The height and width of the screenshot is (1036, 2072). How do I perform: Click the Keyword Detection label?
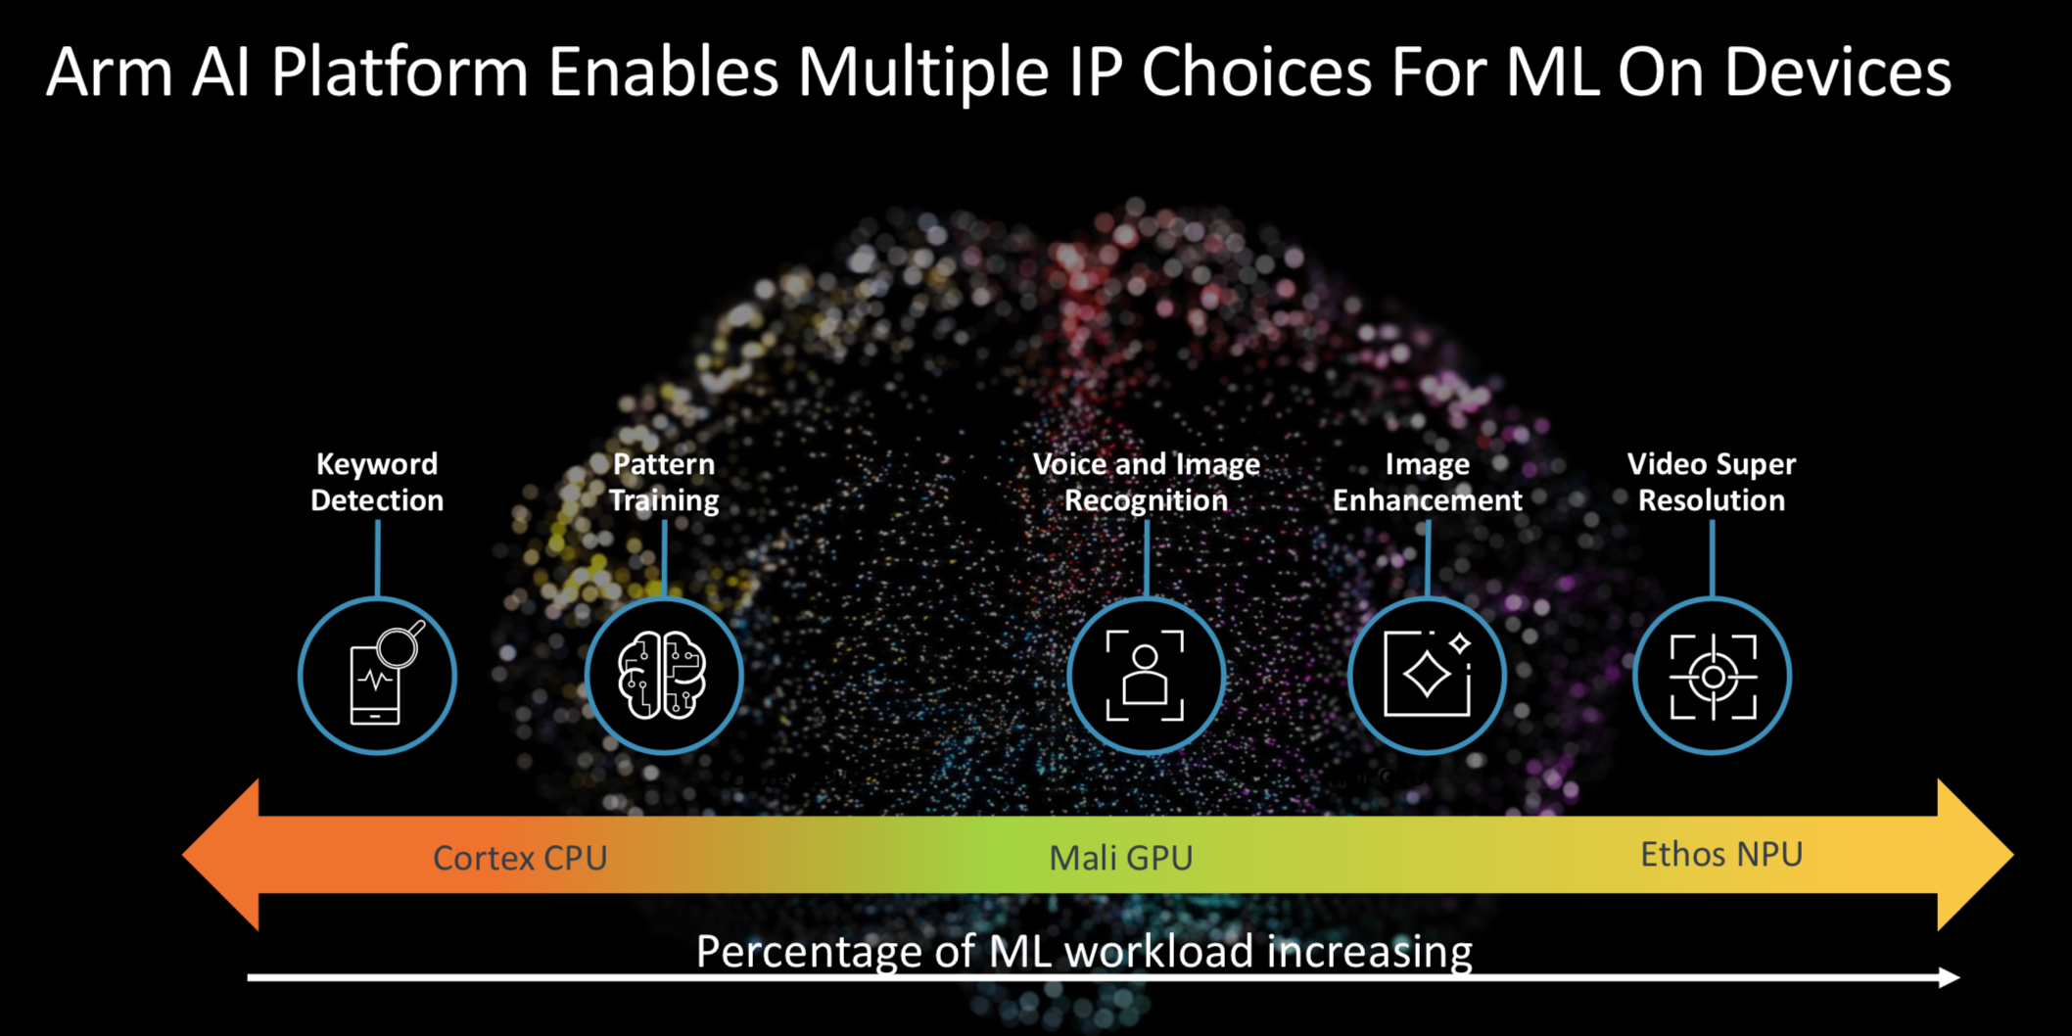click(x=377, y=482)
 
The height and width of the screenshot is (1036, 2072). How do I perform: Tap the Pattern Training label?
click(x=664, y=482)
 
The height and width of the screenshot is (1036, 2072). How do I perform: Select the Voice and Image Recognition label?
click(x=1146, y=482)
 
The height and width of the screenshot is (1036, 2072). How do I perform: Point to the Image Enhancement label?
click(x=1428, y=482)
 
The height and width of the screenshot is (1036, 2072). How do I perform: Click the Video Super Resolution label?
click(x=1712, y=482)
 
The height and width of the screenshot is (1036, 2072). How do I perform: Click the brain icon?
click(x=663, y=676)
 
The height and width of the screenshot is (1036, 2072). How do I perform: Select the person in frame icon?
click(x=1145, y=676)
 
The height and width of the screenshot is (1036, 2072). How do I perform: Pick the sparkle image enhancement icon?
click(x=1428, y=674)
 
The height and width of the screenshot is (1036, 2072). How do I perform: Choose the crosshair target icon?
click(x=1713, y=677)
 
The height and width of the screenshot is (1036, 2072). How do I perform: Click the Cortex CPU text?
click(x=520, y=858)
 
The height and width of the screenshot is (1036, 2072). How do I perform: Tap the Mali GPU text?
click(x=1121, y=858)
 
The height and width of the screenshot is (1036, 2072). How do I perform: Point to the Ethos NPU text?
click(x=1721, y=854)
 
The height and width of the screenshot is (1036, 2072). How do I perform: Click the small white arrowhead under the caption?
click(x=1950, y=977)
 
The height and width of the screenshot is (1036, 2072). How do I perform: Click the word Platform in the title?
click(x=400, y=73)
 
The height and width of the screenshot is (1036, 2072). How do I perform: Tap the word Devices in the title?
click(x=1838, y=73)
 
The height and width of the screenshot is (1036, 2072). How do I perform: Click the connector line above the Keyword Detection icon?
click(x=377, y=558)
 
